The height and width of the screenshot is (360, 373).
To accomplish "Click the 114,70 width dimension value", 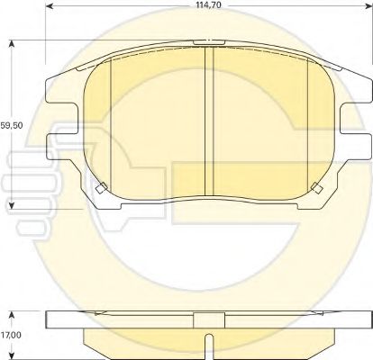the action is click(x=208, y=4).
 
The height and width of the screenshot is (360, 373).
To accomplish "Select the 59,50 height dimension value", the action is click(x=12, y=125).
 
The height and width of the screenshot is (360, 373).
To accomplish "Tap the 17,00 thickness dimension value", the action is click(x=11, y=335).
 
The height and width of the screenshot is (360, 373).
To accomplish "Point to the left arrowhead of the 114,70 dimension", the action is click(x=49, y=6).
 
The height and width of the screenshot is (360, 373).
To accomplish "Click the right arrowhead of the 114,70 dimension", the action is click(x=369, y=6).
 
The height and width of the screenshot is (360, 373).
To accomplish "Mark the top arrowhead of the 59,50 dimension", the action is click(x=12, y=44).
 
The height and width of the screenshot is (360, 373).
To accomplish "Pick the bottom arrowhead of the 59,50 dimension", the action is click(x=12, y=205).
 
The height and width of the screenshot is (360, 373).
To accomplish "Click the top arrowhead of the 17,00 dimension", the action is click(x=12, y=315).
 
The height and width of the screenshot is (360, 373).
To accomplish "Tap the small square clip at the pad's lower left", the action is click(x=101, y=188).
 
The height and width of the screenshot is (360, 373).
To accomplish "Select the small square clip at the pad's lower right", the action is click(x=317, y=188).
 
